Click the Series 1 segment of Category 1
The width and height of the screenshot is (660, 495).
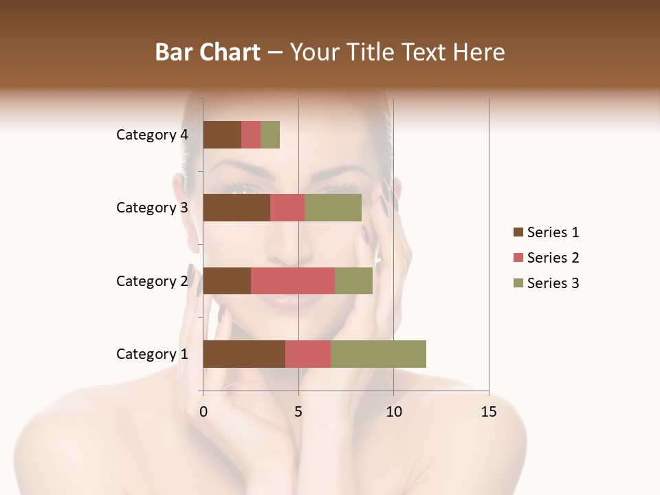coord(244,354)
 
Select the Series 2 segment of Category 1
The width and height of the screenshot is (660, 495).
coord(308,354)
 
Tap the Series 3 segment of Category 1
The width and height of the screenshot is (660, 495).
coord(378,354)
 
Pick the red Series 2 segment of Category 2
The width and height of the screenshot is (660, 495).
coord(293,280)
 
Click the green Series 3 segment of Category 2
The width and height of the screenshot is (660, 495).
coord(353,280)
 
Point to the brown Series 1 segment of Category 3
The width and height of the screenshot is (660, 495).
coord(236,208)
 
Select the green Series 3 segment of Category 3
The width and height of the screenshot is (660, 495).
coord(333,208)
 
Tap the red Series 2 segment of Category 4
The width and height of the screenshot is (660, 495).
coord(251,135)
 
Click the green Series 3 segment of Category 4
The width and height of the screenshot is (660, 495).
coord(270,135)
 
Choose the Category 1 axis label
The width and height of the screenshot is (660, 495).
coord(152,354)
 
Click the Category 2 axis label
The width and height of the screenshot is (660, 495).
coord(152,281)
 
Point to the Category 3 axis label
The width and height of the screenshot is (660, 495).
coord(152,208)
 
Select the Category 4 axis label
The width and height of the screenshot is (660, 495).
coord(152,135)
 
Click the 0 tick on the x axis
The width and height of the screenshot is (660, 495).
coord(203,412)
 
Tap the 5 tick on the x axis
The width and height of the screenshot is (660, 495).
coord(298,412)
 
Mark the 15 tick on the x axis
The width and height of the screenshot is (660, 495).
coord(488,412)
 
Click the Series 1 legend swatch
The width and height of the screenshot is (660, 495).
coord(518,232)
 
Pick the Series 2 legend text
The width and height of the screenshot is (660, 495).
coord(553,258)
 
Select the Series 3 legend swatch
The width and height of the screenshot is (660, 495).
coord(518,283)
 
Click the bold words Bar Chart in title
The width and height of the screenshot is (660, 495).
coord(208,52)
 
